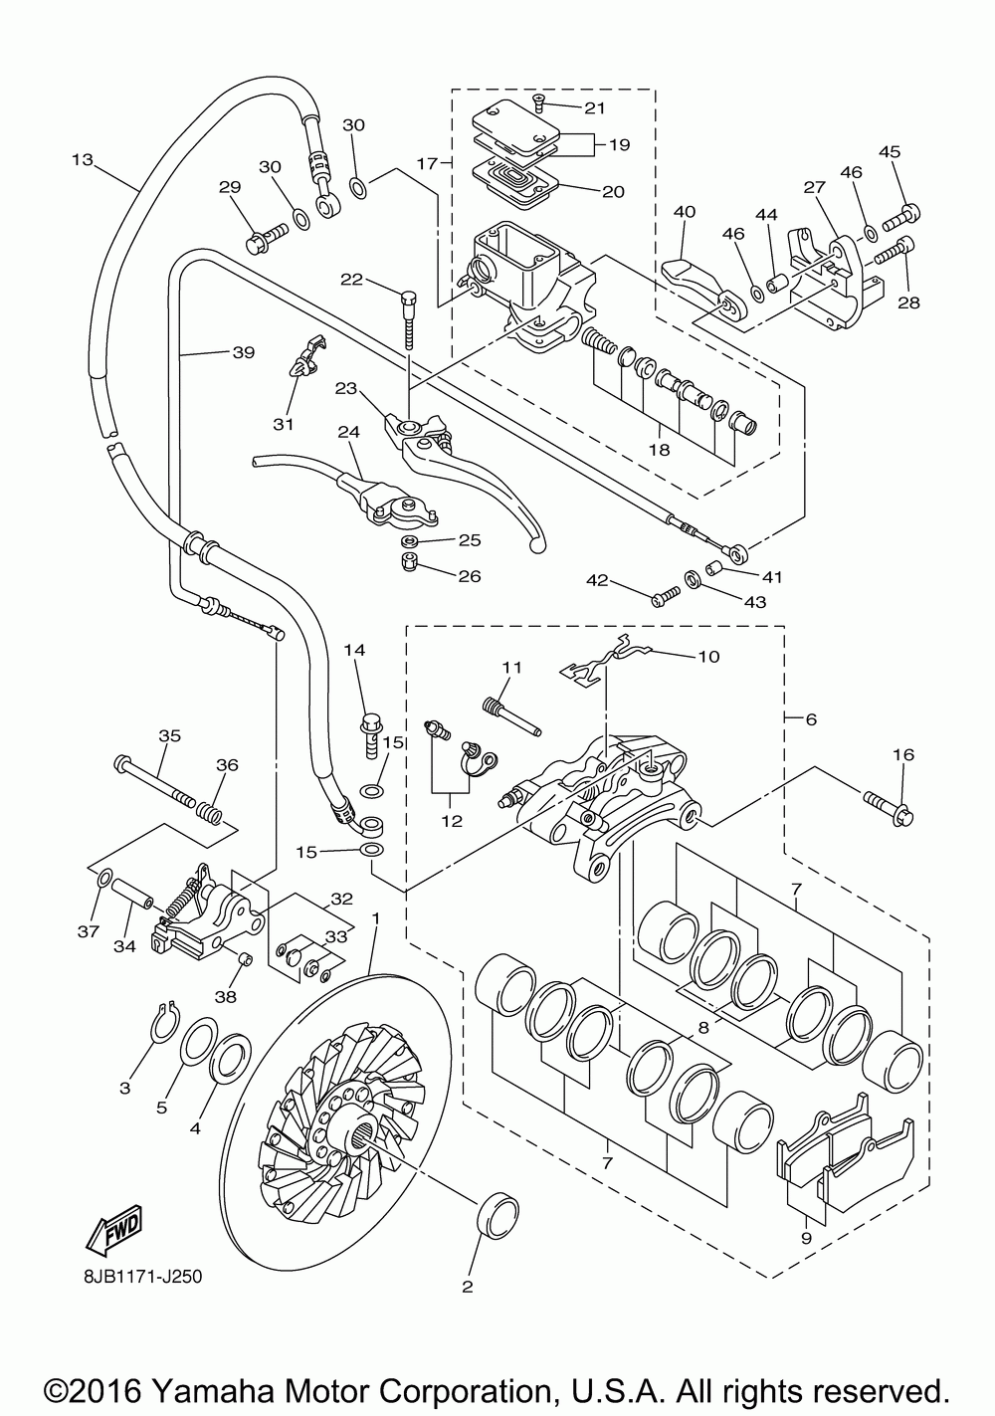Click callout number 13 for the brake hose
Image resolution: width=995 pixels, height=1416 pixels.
coord(83,159)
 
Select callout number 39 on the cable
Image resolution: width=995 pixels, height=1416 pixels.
coord(244,352)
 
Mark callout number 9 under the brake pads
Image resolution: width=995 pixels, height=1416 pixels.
coord(805,1238)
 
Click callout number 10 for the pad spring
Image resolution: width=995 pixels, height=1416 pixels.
coord(708,657)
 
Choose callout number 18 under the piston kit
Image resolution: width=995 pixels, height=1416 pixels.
coord(658,449)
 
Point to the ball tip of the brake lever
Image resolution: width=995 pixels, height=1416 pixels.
coord(538,545)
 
